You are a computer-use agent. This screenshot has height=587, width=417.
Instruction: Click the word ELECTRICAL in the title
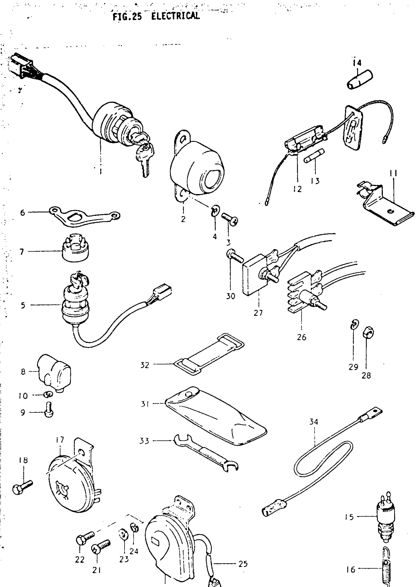pos(175,16)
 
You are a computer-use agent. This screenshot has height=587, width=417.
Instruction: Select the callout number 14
pos(357,63)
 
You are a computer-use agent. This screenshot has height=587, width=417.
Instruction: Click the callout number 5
pos(23,305)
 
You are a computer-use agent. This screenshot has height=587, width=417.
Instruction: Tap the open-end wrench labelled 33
pos(205,454)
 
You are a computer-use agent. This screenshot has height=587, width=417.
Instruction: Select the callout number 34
pos(313,422)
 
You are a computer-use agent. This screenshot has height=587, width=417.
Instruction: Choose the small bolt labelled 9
pos(49,413)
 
